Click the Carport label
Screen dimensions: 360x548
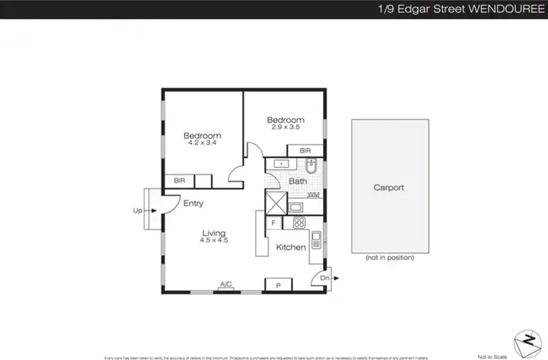(x=389, y=188)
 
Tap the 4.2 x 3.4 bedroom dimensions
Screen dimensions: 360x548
(x=202, y=144)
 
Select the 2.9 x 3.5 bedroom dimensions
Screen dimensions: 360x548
(x=285, y=128)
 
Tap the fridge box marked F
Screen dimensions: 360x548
(x=273, y=223)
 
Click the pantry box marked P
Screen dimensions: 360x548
(x=277, y=285)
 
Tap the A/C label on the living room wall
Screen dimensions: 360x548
(x=226, y=284)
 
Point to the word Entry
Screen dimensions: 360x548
(x=193, y=204)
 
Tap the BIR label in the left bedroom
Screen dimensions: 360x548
(x=178, y=180)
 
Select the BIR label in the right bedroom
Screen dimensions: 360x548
(x=305, y=150)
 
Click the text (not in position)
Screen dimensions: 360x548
(x=389, y=258)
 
